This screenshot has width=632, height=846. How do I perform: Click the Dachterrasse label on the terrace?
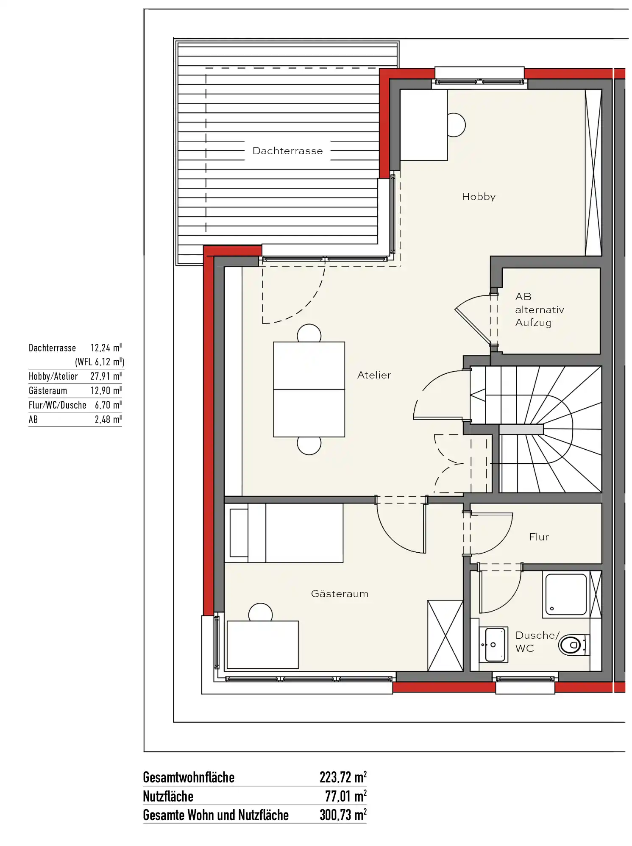coord(287,151)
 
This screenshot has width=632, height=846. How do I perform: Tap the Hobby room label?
coord(479,197)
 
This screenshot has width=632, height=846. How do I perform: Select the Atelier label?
coord(374,375)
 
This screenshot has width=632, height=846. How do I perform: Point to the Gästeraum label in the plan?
coord(340,594)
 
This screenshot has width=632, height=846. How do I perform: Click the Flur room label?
coord(539,537)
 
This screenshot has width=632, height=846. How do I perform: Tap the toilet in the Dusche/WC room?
coord(574,645)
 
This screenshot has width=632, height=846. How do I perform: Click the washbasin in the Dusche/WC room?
coord(493,645)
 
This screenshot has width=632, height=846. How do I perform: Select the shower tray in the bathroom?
coord(565,595)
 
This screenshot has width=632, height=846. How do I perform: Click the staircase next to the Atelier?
coord(536,429)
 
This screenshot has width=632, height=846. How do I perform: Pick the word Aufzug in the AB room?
coord(533,323)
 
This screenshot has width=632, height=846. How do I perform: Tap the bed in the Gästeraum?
coord(284,533)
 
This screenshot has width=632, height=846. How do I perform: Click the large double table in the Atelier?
coord(309,389)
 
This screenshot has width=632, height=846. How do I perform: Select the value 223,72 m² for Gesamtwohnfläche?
coord(343,777)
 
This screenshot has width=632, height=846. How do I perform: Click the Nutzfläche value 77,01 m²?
coord(345,796)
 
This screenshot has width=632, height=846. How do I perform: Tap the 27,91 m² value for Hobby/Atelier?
coord(106,376)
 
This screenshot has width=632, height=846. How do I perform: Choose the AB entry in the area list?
coord(33,420)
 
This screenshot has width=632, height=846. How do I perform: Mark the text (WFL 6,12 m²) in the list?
coord(100,362)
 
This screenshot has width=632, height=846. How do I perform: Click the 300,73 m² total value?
coord(343,815)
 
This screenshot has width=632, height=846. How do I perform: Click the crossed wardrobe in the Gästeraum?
coord(445,635)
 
